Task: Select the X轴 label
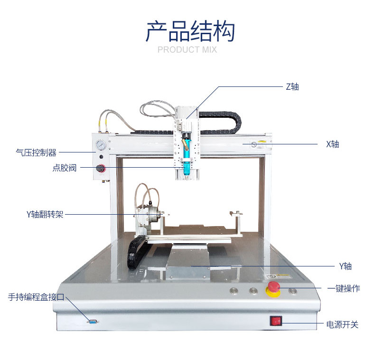click(x=332, y=144)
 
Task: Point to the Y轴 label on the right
click(x=345, y=266)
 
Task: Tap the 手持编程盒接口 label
click(x=36, y=297)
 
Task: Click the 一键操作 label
click(x=344, y=288)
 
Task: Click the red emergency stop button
click(x=273, y=288)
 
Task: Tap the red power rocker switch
click(x=276, y=322)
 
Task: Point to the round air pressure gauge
click(x=100, y=145)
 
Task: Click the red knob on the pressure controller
click(x=100, y=168)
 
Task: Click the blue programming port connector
click(x=93, y=322)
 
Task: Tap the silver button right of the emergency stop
click(x=293, y=290)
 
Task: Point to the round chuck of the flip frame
click(x=151, y=217)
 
